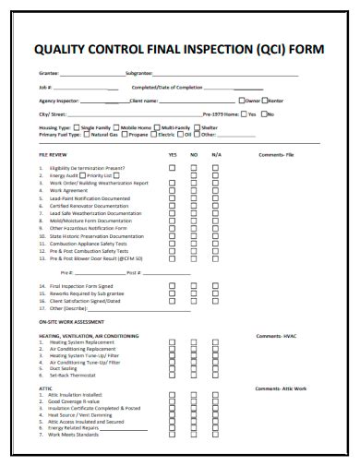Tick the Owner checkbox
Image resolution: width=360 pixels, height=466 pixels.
(x=238, y=100)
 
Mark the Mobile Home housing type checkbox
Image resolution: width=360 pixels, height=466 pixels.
(x=116, y=127)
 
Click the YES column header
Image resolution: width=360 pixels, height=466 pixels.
(x=172, y=156)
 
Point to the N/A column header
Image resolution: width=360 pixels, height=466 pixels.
(x=216, y=156)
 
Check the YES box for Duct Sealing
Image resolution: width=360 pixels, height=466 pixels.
(x=172, y=369)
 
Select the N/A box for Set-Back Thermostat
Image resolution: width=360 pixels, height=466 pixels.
(x=216, y=376)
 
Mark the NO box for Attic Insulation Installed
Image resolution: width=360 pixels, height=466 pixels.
(x=194, y=396)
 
